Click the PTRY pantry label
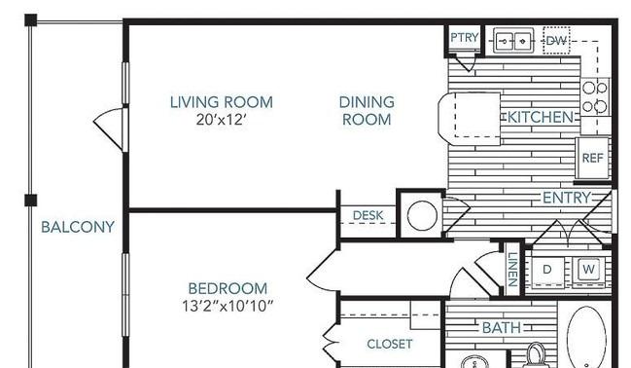(465, 38)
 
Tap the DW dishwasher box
(556, 40)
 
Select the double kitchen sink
(513, 40)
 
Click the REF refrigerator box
(592, 158)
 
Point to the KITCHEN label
(541, 117)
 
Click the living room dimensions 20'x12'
(221, 120)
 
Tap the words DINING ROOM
(367, 110)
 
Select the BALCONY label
(78, 227)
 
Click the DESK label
(368, 215)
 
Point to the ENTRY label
(567, 198)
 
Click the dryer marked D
(547, 270)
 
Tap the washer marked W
(588, 270)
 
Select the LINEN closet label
(512, 269)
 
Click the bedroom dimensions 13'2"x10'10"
(228, 307)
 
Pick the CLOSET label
(390, 344)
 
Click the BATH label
(502, 328)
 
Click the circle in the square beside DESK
(422, 216)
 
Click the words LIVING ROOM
(222, 102)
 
